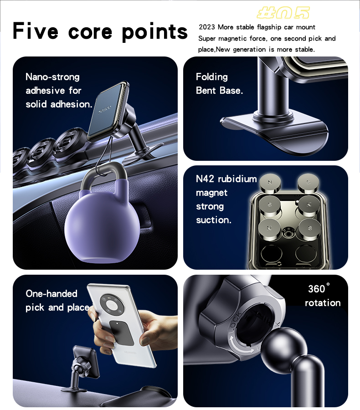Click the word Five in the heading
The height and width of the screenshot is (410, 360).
pos(35,31)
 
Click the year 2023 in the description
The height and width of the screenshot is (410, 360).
pos(206,27)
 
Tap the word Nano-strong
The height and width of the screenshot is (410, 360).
pos(52,77)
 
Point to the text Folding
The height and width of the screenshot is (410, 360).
pos(212,77)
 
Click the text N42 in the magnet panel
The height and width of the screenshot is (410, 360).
pos(205,179)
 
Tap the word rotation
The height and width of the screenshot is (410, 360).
pos(323,303)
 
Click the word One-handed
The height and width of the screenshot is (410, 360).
pos(51,293)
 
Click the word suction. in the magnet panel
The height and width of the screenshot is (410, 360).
pos(214,220)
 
